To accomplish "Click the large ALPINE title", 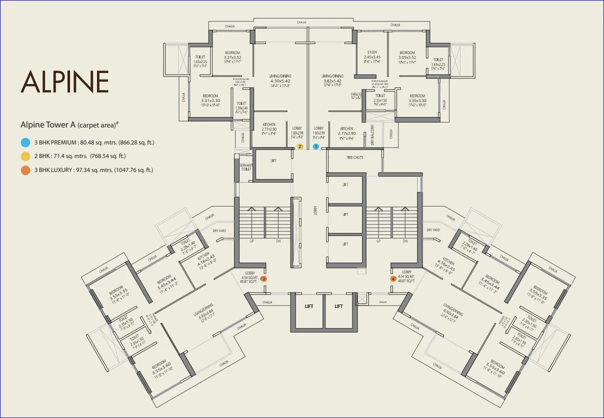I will pyautogui.click(x=64, y=82).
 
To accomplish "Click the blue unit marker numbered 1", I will pyautogui.click(x=315, y=146).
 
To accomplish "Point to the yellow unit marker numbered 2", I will pyautogui.click(x=300, y=146).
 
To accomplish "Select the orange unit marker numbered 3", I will pyautogui.click(x=263, y=278).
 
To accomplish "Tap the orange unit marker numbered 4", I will pyautogui.click(x=393, y=278).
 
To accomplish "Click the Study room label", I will pyautogui.click(x=372, y=52).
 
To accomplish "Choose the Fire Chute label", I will pyautogui.click(x=355, y=157).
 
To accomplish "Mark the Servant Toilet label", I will pyautogui.click(x=245, y=167).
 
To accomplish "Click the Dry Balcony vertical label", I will pyautogui.click(x=372, y=135).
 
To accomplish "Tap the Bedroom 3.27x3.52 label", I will pyautogui.click(x=232, y=55).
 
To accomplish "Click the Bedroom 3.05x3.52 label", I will pyautogui.click(x=407, y=55).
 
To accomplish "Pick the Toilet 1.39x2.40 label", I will pyautogui.click(x=241, y=105).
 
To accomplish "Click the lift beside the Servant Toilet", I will pyautogui.click(x=273, y=160).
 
